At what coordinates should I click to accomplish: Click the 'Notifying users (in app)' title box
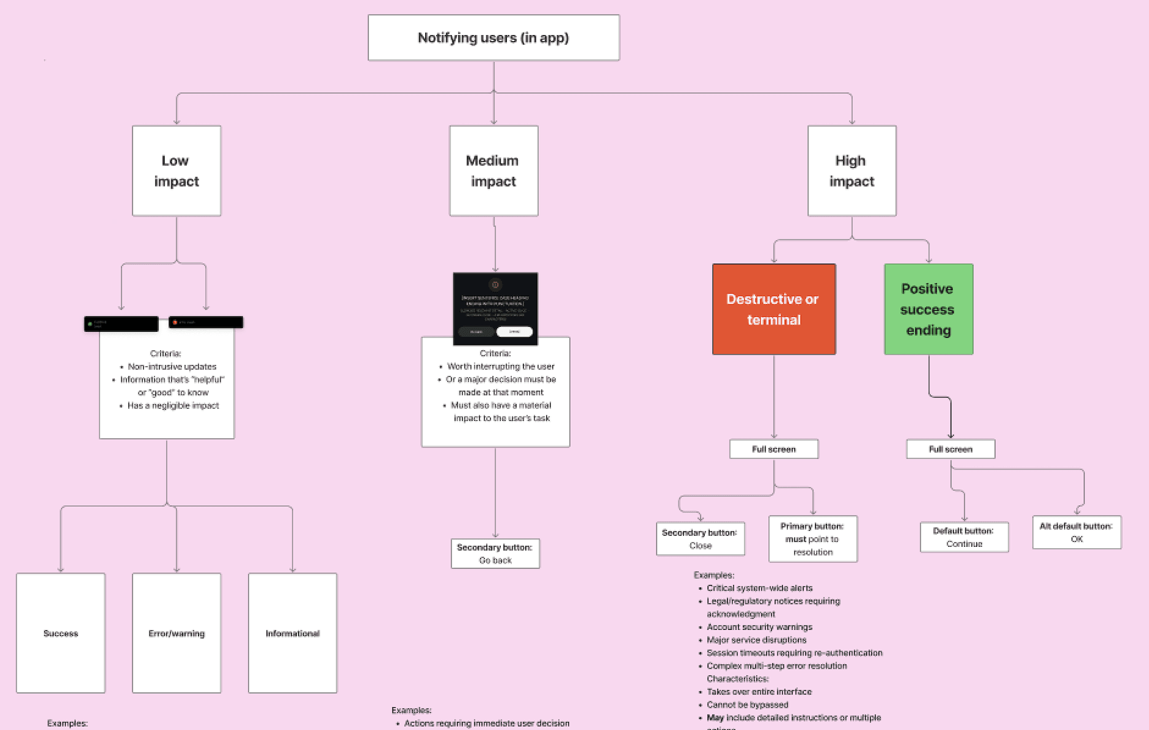coord(493,37)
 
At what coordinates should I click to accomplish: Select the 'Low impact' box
coord(176,171)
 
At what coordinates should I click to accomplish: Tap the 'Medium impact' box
coord(493,171)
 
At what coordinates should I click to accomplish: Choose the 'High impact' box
coord(852,171)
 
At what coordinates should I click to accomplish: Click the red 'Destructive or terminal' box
coord(774,309)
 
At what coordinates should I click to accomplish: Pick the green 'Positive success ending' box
coord(928,309)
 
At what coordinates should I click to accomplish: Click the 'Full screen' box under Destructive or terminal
coord(774,449)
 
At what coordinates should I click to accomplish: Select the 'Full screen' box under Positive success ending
coord(951,449)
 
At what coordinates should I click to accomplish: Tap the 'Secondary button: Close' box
coord(700,539)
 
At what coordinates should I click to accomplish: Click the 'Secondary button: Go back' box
coord(495,554)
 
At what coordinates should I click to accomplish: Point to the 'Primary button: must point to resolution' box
coord(812,539)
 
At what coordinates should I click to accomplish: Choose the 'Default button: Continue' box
coord(964,537)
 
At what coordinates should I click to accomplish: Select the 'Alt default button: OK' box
coord(1076,532)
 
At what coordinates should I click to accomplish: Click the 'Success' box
coord(61,633)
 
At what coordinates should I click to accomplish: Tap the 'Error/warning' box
coord(176,633)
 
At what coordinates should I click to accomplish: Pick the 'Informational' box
coord(292,633)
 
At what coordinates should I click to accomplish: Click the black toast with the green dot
coord(121,324)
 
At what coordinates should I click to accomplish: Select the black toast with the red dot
coord(206,322)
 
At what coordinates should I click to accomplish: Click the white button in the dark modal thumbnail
coord(514,332)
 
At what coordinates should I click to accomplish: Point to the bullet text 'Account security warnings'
coord(759,627)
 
